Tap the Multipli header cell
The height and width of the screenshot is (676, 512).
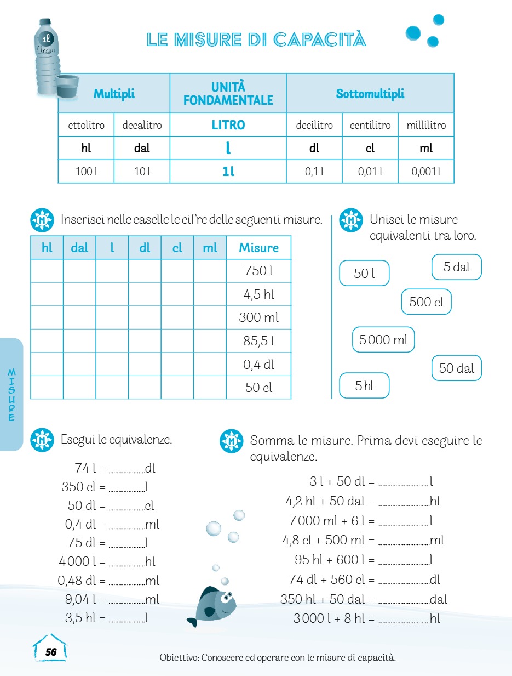(114, 94)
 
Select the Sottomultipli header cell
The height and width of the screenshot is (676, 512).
(370, 94)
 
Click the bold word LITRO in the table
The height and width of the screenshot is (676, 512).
(228, 125)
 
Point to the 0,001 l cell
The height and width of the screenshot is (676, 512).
(426, 172)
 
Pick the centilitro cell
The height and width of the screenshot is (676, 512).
(370, 125)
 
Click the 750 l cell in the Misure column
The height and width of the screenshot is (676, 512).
(258, 271)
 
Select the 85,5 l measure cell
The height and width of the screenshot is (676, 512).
(258, 341)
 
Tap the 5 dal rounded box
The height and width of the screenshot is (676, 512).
(457, 268)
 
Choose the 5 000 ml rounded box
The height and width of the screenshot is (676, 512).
(383, 340)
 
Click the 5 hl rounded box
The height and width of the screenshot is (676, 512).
(364, 385)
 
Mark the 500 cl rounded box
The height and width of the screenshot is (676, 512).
(426, 302)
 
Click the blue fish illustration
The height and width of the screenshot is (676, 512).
(215, 606)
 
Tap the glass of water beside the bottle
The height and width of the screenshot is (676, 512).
(67, 88)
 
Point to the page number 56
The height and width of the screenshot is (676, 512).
(51, 652)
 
